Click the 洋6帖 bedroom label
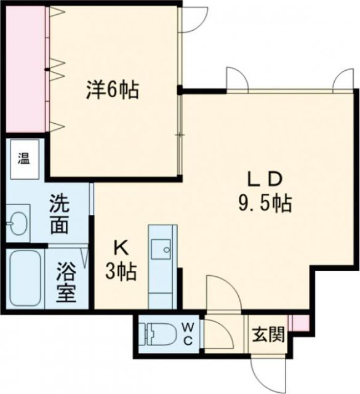[111, 91]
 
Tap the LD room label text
[265, 179]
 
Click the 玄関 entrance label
[268, 336]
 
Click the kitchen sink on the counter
[162, 249]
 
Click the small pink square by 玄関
[298, 323]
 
